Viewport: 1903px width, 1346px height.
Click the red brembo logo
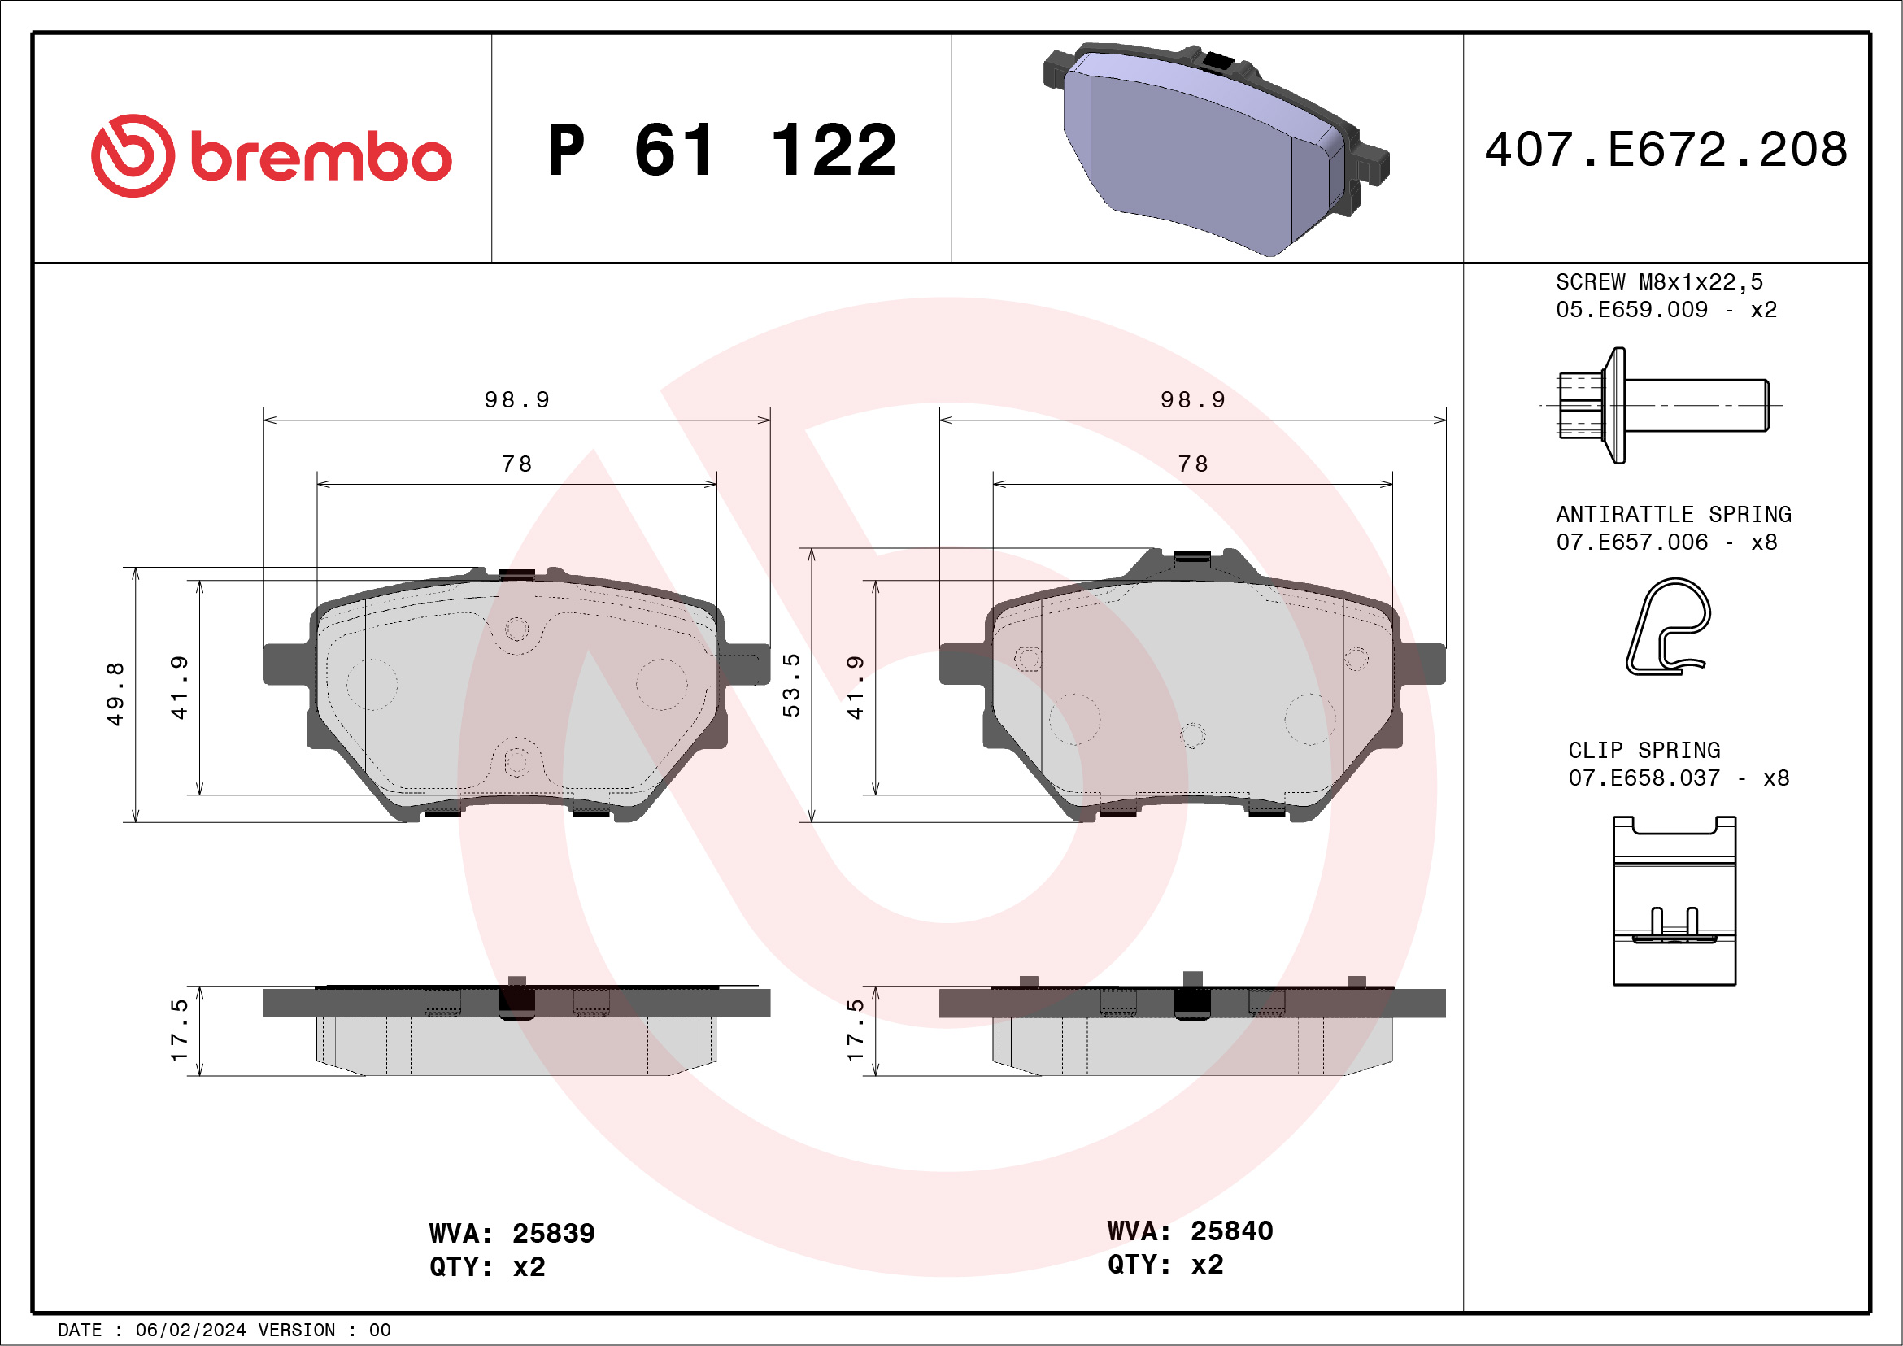point(271,156)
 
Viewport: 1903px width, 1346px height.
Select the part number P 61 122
point(721,150)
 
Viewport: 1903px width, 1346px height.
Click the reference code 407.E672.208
point(1666,150)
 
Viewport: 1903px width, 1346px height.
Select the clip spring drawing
point(1674,901)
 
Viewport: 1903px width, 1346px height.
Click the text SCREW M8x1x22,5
point(1658,281)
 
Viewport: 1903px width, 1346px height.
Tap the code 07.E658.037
point(1644,778)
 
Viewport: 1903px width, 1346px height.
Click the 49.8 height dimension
point(115,694)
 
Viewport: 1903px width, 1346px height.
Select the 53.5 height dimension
point(791,685)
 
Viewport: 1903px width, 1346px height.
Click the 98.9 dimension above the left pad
point(517,400)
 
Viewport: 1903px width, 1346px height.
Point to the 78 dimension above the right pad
point(1193,464)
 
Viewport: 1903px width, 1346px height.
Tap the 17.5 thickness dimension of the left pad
point(179,1030)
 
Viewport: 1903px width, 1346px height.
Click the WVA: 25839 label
point(512,1233)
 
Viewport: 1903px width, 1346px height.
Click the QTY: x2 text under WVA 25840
point(1165,1265)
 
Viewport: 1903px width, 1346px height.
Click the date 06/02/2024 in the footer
point(190,1331)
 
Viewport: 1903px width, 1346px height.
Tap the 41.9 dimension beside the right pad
point(855,687)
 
